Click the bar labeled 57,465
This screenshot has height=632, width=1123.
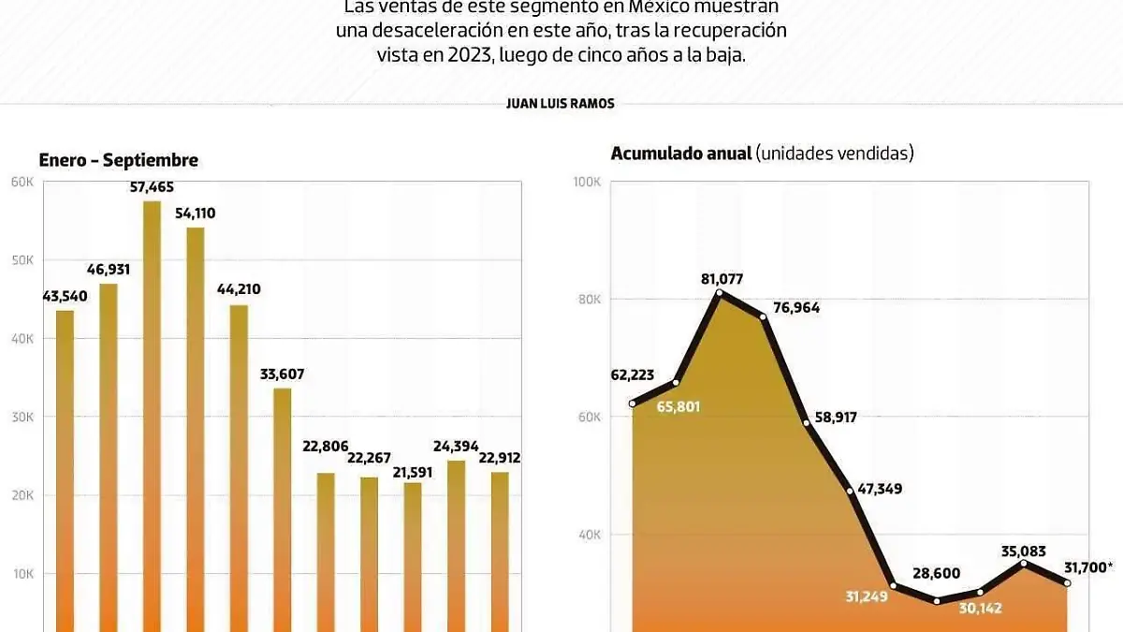tap(152, 412)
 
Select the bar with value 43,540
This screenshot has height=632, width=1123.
tap(65, 468)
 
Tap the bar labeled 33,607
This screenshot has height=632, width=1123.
tap(282, 506)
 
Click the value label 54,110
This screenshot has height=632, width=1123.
tap(195, 213)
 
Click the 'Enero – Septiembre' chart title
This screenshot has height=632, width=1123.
tap(118, 160)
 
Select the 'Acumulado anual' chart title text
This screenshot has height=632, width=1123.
tap(681, 154)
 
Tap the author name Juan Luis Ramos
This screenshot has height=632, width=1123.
tap(560, 104)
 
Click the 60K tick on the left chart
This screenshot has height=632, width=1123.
tap(22, 182)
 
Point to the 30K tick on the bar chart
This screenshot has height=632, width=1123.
tap(22, 418)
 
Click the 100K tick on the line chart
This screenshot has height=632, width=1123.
tap(587, 182)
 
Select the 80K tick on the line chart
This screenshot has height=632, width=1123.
tap(590, 300)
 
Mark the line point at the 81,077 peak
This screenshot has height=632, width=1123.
tap(719, 293)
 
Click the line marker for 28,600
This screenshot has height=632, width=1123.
tap(937, 600)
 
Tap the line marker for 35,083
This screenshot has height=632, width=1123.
tap(1024, 564)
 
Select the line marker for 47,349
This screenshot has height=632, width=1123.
tap(850, 490)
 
